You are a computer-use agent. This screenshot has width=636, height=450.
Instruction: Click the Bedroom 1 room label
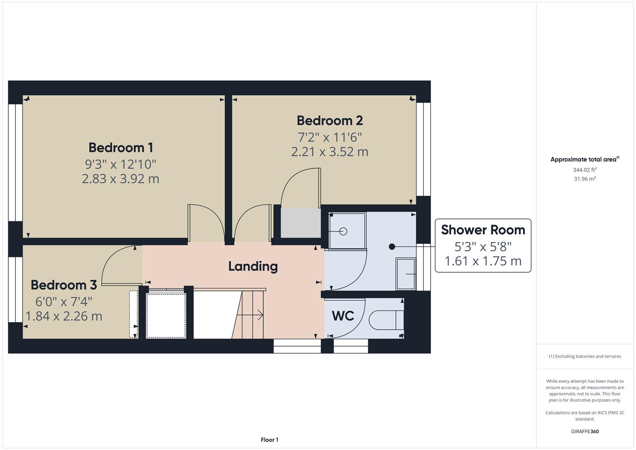pos(120,147)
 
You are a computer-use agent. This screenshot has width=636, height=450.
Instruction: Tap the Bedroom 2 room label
pos(329,120)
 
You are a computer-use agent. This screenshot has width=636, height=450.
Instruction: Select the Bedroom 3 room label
pos(64,285)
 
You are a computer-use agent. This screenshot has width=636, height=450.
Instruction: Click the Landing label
pos(253,266)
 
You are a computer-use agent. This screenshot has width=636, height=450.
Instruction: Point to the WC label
pos(343,316)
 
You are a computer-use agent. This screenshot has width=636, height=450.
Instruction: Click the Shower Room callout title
pos(483,230)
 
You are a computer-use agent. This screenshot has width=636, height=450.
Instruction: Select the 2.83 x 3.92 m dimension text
pos(120,179)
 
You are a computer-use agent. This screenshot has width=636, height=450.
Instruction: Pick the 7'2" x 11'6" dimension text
pos(329,137)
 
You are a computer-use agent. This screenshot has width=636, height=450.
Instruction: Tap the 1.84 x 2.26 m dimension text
pos(64,316)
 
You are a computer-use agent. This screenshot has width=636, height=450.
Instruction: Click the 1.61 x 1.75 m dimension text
pos(483,261)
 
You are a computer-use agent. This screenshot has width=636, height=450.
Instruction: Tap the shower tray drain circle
pos(343,231)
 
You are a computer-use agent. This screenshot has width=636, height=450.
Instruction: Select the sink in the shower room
pos(406,274)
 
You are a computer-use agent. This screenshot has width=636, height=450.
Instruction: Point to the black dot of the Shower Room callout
pos(392,247)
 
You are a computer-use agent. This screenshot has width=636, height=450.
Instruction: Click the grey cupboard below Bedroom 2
pos(300,223)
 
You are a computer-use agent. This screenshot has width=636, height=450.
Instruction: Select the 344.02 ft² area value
pos(584,170)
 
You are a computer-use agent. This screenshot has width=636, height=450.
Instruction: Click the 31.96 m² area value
pos(584,179)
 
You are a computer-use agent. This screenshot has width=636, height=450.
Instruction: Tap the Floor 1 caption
pos(269,440)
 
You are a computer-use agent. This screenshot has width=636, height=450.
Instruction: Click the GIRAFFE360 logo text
pos(584,431)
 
